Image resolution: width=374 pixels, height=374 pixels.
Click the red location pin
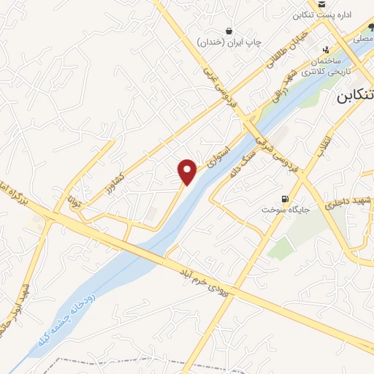click(x=188, y=171)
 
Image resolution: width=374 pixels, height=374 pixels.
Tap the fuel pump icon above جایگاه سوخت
click(x=285, y=198)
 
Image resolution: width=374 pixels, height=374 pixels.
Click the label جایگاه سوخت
click(x=283, y=210)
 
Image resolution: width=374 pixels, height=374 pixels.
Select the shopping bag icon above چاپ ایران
click(x=230, y=31)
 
